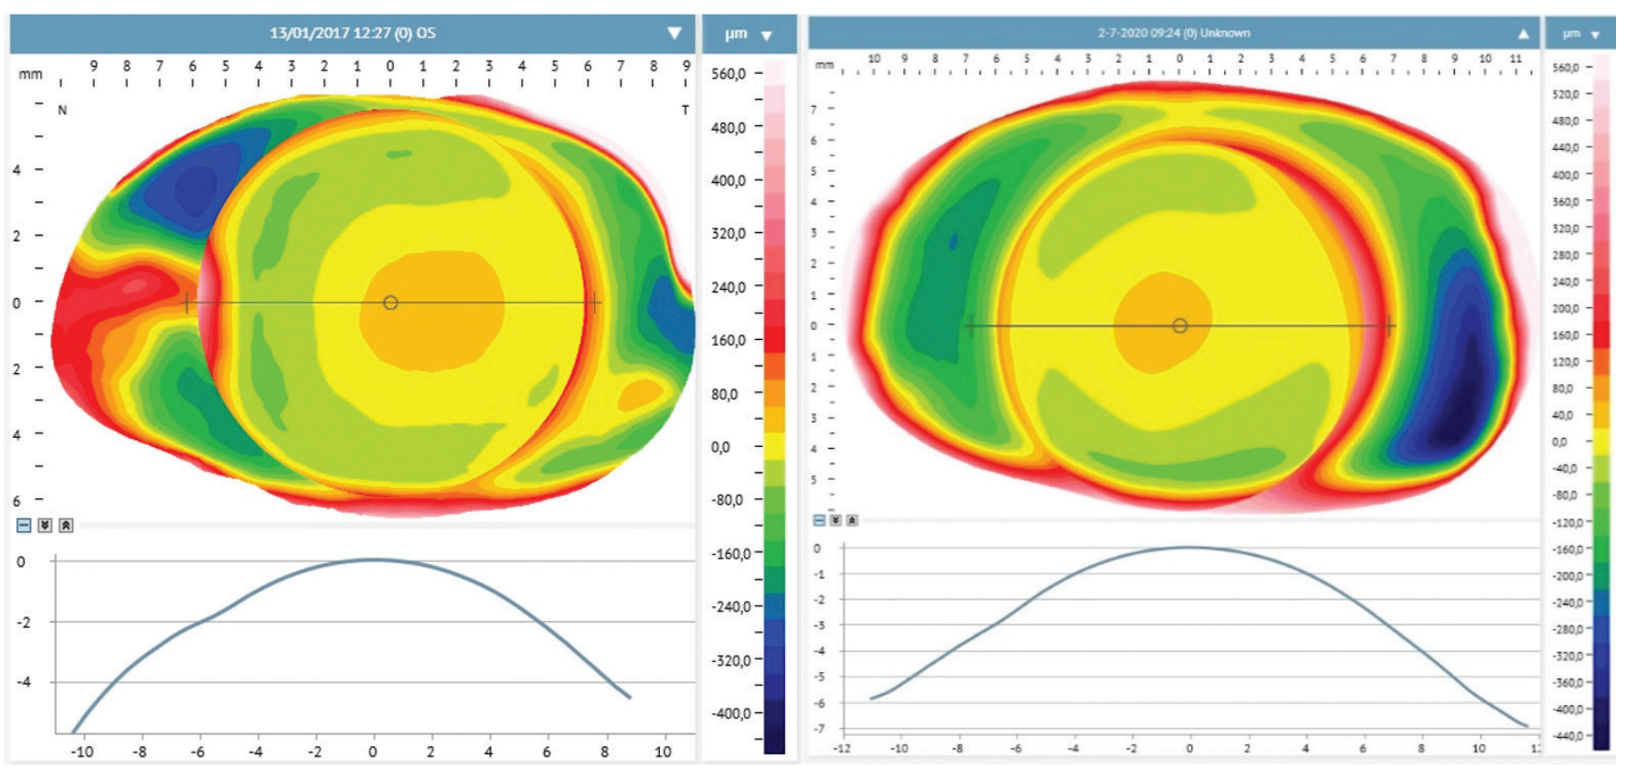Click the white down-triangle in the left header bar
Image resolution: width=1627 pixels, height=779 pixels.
(675, 33)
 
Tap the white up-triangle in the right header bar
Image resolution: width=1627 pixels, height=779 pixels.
(1523, 34)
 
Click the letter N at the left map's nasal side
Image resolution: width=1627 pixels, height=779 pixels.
(62, 110)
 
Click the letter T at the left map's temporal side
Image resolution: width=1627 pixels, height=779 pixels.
(685, 110)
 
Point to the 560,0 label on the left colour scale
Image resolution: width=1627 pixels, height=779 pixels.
(728, 73)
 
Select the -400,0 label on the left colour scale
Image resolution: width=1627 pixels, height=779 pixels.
(730, 713)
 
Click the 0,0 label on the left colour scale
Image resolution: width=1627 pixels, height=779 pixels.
(721, 447)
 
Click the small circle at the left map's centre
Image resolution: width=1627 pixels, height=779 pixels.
(390, 303)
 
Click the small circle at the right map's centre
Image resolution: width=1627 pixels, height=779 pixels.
(1180, 325)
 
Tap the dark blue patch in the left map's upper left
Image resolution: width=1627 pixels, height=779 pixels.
(195, 187)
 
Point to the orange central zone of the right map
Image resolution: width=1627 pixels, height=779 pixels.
(1156, 325)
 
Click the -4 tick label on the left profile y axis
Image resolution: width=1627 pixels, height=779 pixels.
(24, 682)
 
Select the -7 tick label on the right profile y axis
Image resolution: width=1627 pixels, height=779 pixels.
(819, 729)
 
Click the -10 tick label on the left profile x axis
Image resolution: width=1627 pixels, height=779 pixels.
(81, 752)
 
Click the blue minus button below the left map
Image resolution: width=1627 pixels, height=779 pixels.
(24, 525)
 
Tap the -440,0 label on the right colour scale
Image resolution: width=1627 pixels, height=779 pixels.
(1567, 735)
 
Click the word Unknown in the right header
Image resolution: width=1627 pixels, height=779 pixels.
(1225, 33)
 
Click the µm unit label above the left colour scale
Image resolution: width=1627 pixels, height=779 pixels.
(736, 34)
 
